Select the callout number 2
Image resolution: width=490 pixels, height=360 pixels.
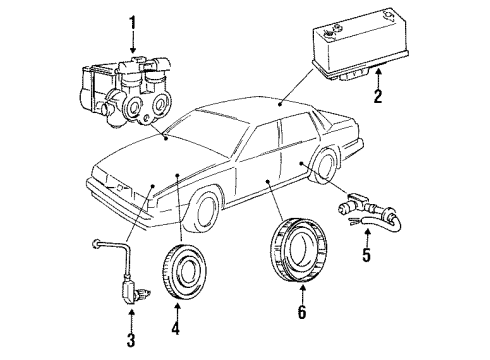378,98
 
